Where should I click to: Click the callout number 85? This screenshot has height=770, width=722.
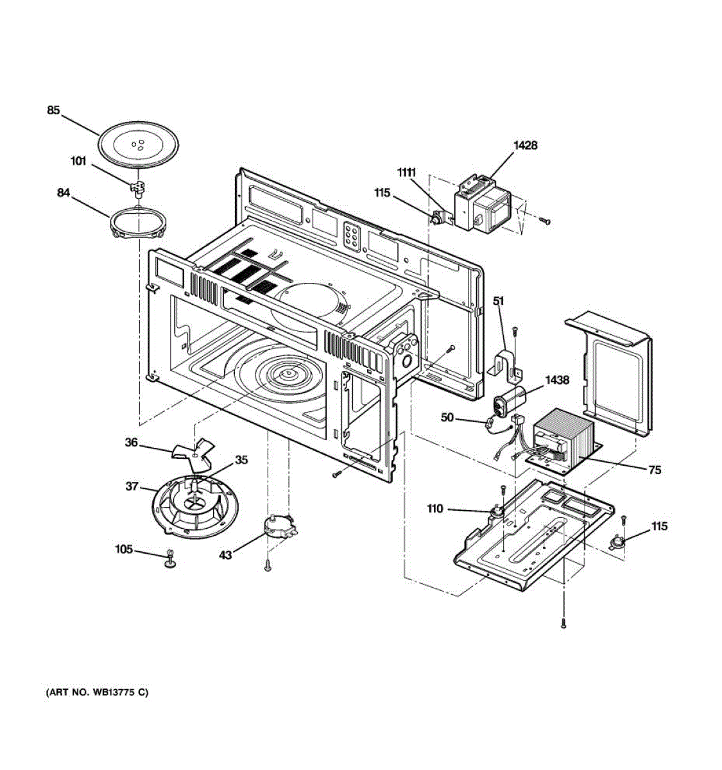click(x=53, y=110)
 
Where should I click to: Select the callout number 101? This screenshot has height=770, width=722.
click(x=78, y=161)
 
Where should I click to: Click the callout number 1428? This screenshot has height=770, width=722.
click(x=525, y=145)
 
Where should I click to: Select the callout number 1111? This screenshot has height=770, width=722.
click(x=406, y=172)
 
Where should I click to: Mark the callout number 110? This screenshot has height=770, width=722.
click(x=434, y=509)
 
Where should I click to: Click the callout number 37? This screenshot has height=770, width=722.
click(x=132, y=486)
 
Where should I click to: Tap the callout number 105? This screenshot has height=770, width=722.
click(x=124, y=549)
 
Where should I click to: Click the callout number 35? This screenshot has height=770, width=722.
click(x=241, y=459)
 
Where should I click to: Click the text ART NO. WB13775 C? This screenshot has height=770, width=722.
click(x=97, y=692)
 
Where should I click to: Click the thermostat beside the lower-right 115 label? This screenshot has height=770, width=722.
click(x=617, y=541)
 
